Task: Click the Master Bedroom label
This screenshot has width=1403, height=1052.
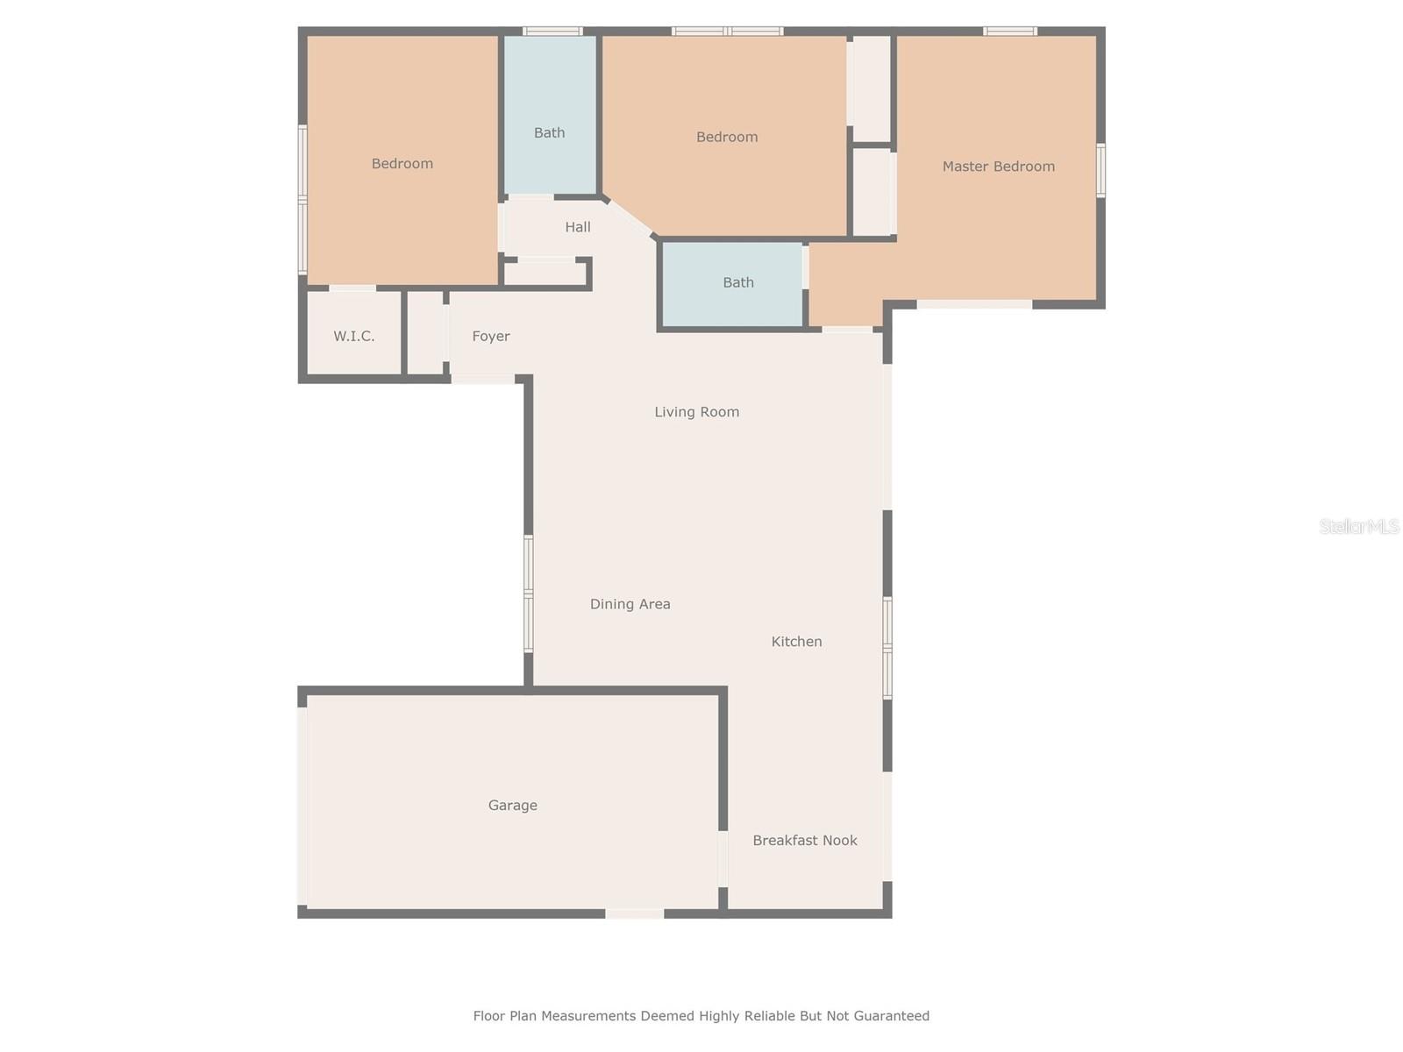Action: (x=998, y=167)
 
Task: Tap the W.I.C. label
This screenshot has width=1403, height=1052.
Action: (x=353, y=336)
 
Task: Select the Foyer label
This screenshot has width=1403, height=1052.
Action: (x=490, y=336)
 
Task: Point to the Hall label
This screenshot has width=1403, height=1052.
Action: (x=577, y=227)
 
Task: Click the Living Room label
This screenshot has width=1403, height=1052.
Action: (x=696, y=412)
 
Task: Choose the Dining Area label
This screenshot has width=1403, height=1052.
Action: (x=630, y=604)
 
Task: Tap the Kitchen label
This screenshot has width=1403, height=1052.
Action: (x=796, y=642)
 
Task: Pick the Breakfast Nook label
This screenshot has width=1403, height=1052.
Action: (x=804, y=841)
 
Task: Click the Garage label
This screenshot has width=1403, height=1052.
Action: (x=512, y=806)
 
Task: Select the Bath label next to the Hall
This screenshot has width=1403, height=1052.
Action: (x=549, y=133)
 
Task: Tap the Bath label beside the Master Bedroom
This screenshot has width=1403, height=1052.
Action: (x=737, y=282)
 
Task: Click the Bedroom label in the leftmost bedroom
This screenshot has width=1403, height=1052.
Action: (x=402, y=164)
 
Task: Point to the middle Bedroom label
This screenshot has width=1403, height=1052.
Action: (x=726, y=138)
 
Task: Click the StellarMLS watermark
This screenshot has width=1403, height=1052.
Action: (x=1358, y=526)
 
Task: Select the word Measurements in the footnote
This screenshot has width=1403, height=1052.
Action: (x=588, y=1016)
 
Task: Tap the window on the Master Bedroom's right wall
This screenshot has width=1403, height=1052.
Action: (x=1100, y=170)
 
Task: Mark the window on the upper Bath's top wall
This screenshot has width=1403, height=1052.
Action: (x=552, y=32)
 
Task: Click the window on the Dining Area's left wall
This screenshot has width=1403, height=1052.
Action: (x=529, y=594)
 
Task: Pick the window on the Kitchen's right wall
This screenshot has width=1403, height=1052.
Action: (x=887, y=649)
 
